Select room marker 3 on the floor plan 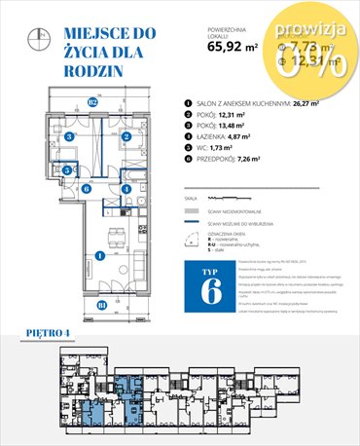tap(69, 137)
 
